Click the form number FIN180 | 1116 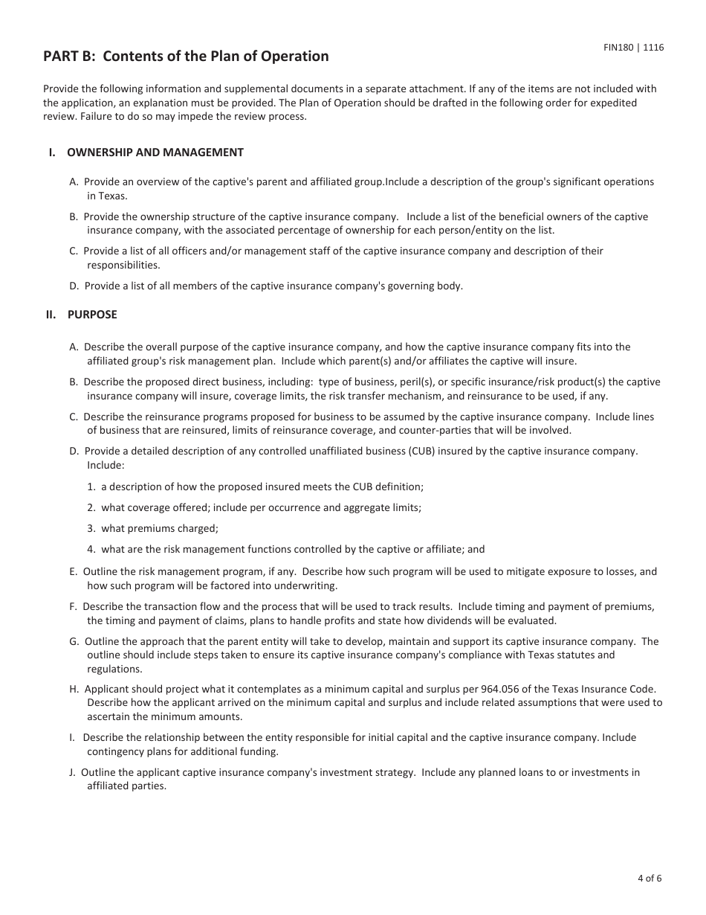click(633, 48)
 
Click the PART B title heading click(186, 57)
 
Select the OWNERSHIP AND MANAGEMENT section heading click(155, 152)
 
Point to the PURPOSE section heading click(92, 315)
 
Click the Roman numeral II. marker click(51, 315)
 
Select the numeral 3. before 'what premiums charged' click(91, 529)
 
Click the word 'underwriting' click(305, 585)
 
